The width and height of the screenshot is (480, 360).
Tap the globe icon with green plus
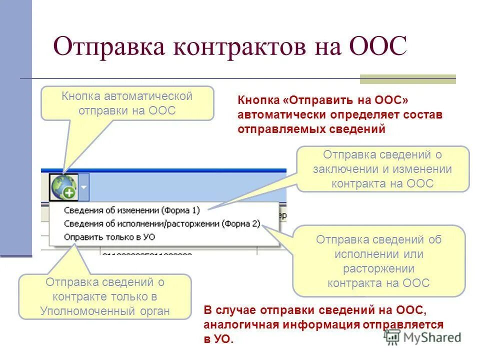click(x=63, y=186)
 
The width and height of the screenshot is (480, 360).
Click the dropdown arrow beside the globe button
click(x=83, y=186)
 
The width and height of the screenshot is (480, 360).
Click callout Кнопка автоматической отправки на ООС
click(x=127, y=103)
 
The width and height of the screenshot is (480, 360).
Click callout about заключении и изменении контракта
click(x=382, y=169)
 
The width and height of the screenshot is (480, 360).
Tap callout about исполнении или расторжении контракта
click(x=378, y=261)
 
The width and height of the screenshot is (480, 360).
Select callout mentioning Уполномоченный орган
click(x=105, y=296)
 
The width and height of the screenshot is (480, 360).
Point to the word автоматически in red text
click(x=282, y=114)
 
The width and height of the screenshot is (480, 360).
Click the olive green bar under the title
click(x=408, y=79)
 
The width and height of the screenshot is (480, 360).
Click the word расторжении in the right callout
click(x=378, y=268)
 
